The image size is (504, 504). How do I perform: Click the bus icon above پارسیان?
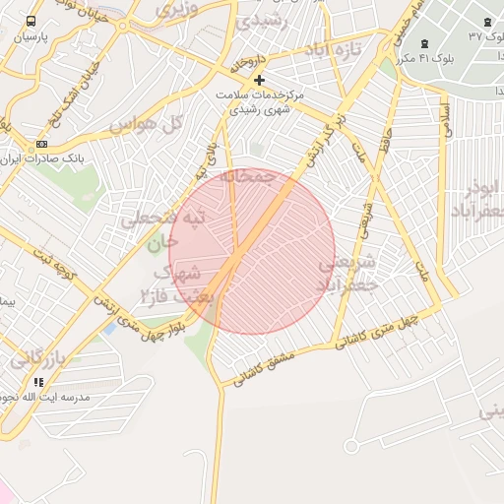pos(31,21)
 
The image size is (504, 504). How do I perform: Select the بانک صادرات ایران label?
pos(41,157)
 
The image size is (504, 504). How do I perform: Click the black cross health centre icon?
pos(259,80)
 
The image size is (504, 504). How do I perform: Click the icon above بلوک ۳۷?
pos(488,22)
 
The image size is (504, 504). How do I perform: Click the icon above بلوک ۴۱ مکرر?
pos(424,42)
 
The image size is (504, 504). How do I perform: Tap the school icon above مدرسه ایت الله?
pos(38,382)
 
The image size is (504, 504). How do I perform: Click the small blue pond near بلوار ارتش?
pos(106,329)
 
